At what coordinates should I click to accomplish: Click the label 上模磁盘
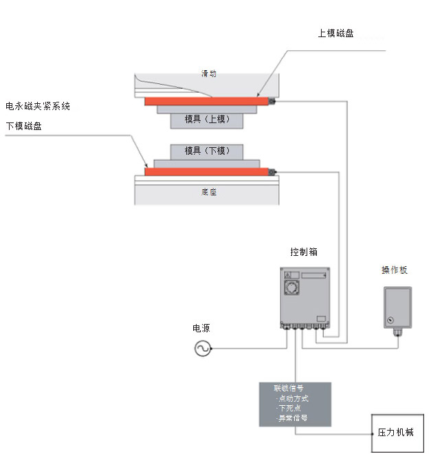[x=335, y=33]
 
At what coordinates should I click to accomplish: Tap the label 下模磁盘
[x=24, y=126]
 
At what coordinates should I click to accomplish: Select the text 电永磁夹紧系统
[x=38, y=107]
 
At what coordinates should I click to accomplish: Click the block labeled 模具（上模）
[x=206, y=119]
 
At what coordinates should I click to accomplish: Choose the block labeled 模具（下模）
[x=206, y=151]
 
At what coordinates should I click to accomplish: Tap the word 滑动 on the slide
[x=209, y=74]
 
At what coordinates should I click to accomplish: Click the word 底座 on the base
[x=209, y=193]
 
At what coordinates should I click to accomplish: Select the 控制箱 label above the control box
[x=304, y=252]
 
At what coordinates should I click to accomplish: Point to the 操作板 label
[x=395, y=270]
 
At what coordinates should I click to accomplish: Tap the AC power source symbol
[x=203, y=349]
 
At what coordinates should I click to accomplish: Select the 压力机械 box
[x=396, y=433]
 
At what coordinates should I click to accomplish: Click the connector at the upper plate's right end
[x=272, y=102]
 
